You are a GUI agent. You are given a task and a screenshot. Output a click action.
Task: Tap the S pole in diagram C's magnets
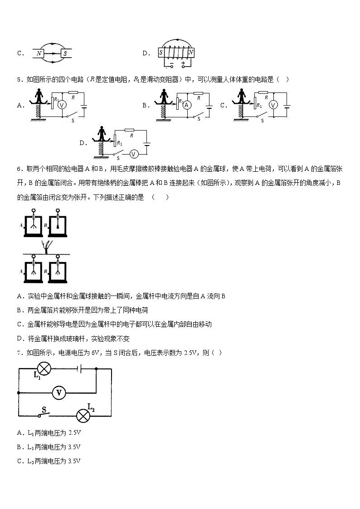click(66, 53)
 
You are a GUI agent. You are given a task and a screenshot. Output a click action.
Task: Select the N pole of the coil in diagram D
click(191, 53)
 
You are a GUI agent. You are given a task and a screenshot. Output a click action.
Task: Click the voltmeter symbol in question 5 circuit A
click(63, 104)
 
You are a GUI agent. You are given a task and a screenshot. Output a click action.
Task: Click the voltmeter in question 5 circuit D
click(133, 154)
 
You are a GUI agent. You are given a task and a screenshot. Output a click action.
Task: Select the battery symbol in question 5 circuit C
click(287, 107)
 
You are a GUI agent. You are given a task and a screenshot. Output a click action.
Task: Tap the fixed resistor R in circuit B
click(198, 93)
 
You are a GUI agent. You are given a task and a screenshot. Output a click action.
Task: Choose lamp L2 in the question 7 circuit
click(83, 415)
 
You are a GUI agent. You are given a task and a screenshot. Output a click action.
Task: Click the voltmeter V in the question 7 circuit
click(58, 393)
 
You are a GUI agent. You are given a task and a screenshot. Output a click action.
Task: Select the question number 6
click(19, 169)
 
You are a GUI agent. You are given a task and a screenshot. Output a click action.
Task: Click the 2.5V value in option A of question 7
click(74, 432)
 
